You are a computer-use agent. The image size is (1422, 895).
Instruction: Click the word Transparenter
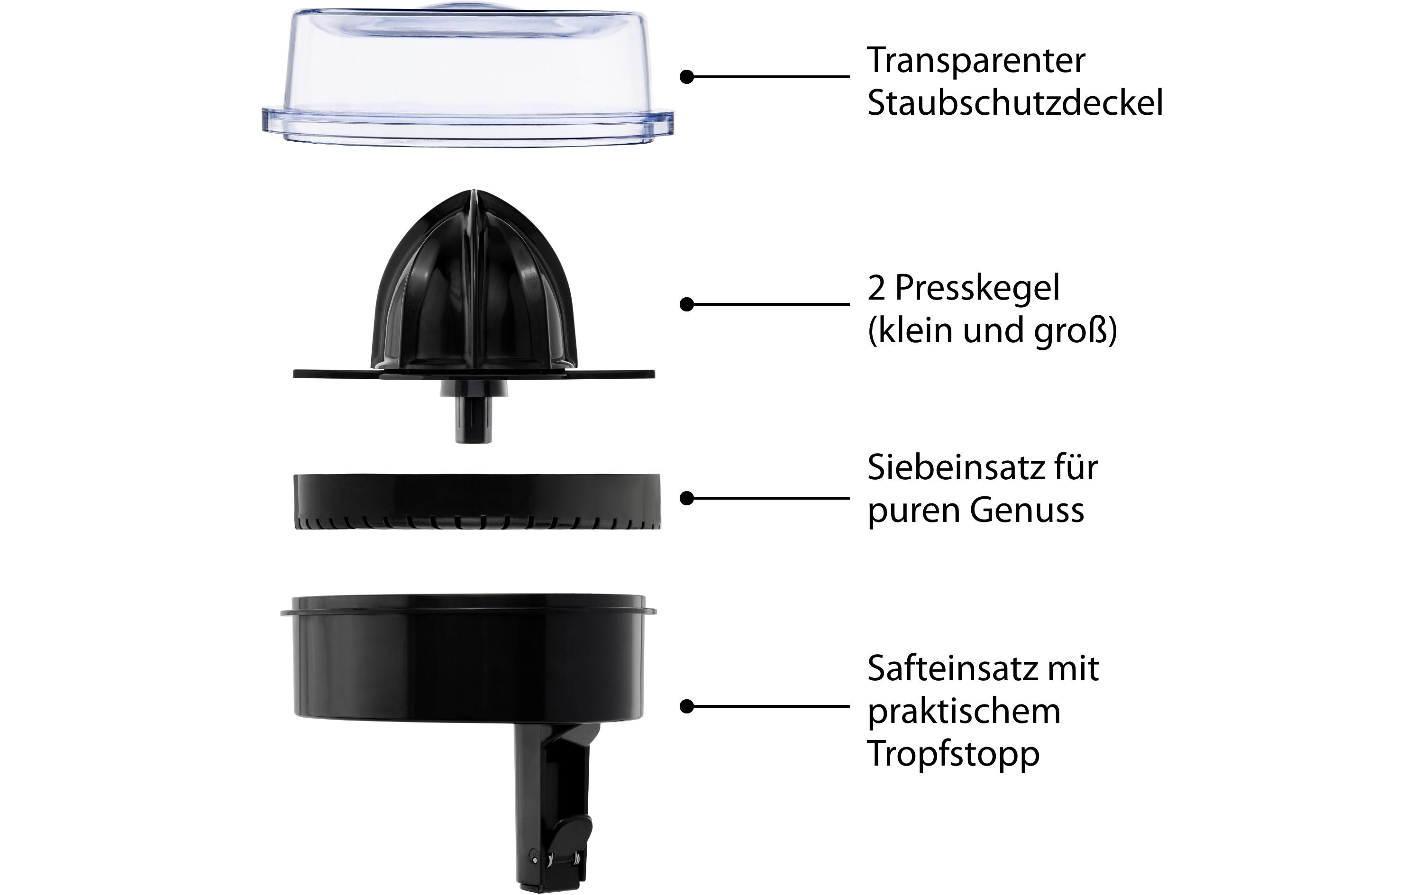975,60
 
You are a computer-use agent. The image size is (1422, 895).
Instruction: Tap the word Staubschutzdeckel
1014,103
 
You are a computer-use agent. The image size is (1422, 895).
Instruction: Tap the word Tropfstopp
953,753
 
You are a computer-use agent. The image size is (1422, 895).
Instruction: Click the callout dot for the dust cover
687,77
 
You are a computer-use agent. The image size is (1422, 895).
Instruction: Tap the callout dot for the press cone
687,304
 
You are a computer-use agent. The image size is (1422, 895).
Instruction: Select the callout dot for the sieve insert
687,499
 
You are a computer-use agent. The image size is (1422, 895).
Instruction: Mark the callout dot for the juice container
687,706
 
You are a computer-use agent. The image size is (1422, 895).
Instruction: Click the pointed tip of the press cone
474,192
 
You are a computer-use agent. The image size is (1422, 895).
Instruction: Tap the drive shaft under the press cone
474,417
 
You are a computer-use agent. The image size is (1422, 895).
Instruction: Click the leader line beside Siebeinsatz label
768,499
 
